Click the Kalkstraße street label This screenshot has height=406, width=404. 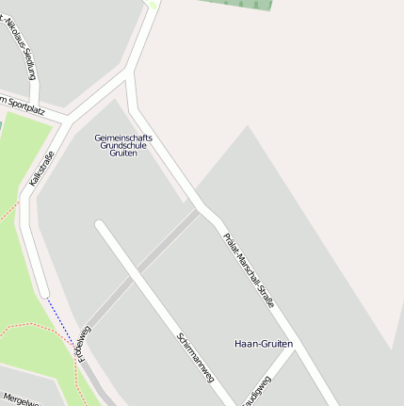[42, 167]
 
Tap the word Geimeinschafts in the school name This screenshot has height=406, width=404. [123, 138]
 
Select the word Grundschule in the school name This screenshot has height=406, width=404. [123, 145]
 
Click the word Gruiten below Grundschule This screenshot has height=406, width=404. [123, 153]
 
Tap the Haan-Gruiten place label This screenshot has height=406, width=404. [264, 344]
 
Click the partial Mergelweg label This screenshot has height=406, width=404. [20, 398]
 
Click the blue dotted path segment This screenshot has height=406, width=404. [60, 317]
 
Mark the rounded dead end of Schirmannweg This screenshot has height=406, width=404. [100, 225]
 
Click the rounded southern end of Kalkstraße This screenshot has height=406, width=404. [41, 291]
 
